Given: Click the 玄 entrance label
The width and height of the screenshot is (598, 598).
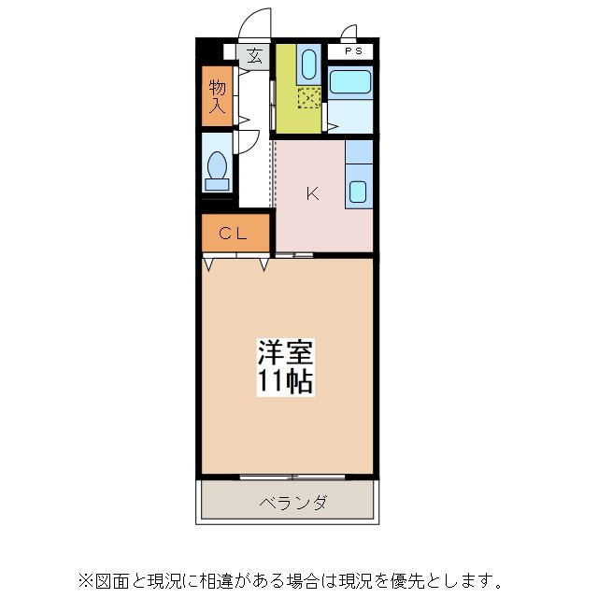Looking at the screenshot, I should coord(254,55).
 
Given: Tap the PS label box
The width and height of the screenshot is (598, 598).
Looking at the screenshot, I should coord(352,51).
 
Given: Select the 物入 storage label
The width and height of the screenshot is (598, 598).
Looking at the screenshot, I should coord(217,95).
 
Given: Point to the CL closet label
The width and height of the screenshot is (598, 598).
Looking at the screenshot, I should coord(233,235).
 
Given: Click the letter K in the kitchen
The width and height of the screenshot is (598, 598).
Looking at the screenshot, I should coord(313,194).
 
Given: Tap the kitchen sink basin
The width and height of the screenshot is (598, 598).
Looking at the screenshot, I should coord(359,192).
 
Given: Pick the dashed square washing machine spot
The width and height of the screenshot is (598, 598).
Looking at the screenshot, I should coord(307,96).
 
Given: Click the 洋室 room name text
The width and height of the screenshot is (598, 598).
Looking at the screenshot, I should coord(285,354).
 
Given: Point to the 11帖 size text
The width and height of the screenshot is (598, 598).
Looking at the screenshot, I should coord(285,381).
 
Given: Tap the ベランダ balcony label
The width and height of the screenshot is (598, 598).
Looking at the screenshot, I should coord(292,504).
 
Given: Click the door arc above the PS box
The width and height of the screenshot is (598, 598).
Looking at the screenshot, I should coord(349,34).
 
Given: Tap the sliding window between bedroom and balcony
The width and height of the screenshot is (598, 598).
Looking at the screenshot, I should coord(292,477).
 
